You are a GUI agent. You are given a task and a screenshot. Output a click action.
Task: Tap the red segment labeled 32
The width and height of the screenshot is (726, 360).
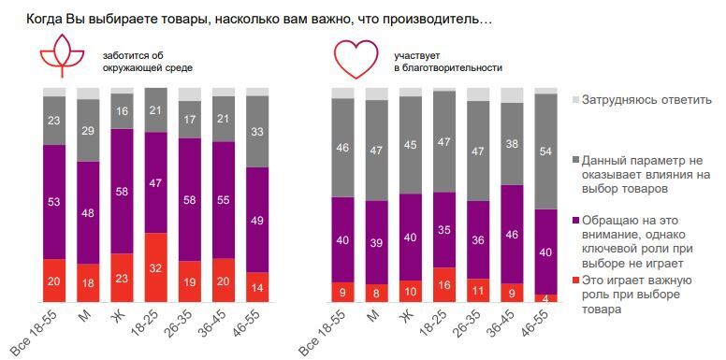156,266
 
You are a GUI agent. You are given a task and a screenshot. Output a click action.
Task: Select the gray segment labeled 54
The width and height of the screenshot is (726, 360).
544,151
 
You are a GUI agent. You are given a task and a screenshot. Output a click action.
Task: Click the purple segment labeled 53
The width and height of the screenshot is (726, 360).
55,201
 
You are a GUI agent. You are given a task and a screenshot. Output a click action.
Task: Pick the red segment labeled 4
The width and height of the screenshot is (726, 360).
544,298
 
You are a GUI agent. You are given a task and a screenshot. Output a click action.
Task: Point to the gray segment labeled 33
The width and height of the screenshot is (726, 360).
256,132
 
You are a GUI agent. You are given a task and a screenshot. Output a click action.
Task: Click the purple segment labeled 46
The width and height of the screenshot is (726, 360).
511,233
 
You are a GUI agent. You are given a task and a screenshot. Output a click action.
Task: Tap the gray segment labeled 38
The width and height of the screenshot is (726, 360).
511,144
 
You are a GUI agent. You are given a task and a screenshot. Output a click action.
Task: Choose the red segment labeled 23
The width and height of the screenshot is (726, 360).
123,277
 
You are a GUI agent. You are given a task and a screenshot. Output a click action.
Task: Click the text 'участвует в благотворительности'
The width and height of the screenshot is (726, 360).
447,62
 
